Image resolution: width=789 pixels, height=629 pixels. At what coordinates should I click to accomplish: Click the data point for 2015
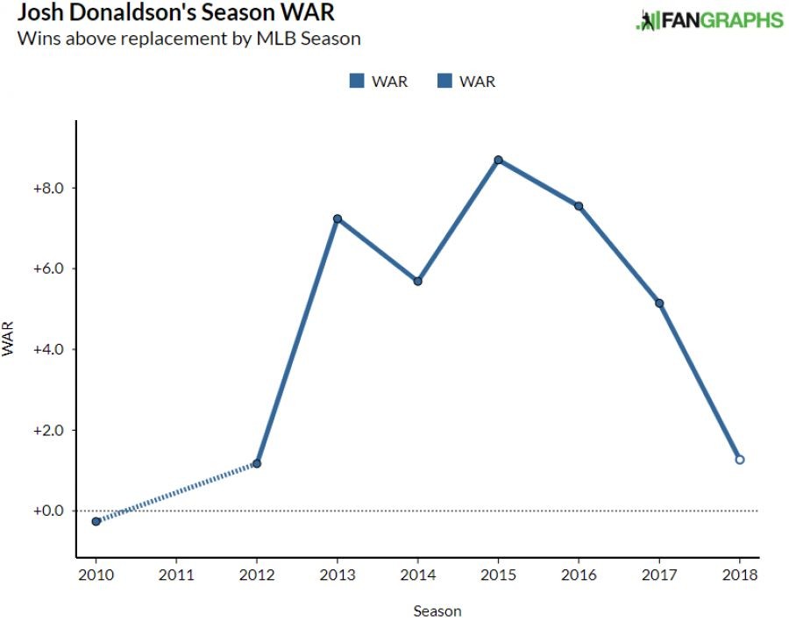498,160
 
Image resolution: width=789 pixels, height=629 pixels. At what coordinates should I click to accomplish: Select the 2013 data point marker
337,218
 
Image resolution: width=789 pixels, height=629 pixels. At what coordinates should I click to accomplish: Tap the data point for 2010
96,521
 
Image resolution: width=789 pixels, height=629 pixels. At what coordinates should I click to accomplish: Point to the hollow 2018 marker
740,459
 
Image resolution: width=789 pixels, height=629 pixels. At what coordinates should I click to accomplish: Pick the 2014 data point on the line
418,281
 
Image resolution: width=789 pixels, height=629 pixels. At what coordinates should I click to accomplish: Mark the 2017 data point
659,304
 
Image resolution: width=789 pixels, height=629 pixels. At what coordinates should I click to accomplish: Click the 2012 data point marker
256,463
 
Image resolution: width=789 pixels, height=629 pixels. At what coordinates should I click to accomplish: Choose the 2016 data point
579,206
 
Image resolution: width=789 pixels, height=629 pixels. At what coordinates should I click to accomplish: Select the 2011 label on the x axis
176,576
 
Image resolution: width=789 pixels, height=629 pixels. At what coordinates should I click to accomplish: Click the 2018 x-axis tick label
740,576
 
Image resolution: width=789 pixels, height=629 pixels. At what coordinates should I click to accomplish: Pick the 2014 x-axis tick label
418,576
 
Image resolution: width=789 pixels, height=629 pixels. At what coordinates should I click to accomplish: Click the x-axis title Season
437,611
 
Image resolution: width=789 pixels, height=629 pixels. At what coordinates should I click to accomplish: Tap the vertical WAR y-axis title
10,341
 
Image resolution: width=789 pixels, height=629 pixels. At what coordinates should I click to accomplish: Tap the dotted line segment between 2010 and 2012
175,492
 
